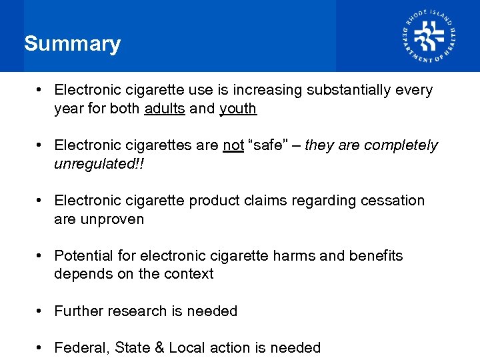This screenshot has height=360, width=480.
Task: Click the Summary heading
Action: pyautogui.click(x=72, y=44)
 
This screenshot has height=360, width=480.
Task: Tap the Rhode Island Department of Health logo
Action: pyautogui.click(x=429, y=36)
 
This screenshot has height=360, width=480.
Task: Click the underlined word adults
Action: pyautogui.click(x=165, y=108)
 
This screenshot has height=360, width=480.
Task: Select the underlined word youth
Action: pyautogui.click(x=238, y=108)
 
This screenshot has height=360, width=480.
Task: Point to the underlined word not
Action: pyautogui.click(x=233, y=145)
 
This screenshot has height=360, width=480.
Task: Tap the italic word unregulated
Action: pyautogui.click(x=95, y=163)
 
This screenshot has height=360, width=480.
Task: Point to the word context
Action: pyautogui.click(x=187, y=274)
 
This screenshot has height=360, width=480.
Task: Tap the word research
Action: pyautogui.click(x=139, y=311)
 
